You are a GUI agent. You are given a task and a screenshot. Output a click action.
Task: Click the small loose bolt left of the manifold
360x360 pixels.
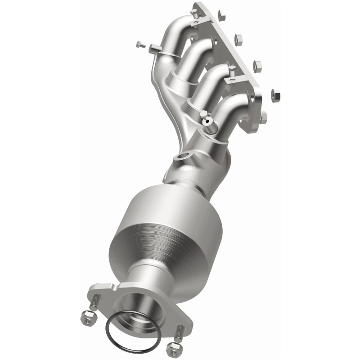(x=140, y=44)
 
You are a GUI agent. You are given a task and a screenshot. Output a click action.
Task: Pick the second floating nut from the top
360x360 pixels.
(x=239, y=38)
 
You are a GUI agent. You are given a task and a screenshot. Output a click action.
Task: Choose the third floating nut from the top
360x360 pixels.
(x=257, y=65)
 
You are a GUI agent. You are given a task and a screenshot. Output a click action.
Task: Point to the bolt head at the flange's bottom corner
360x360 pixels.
(x=263, y=118)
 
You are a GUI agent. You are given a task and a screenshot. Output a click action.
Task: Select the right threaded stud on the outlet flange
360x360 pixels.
(x=179, y=332)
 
